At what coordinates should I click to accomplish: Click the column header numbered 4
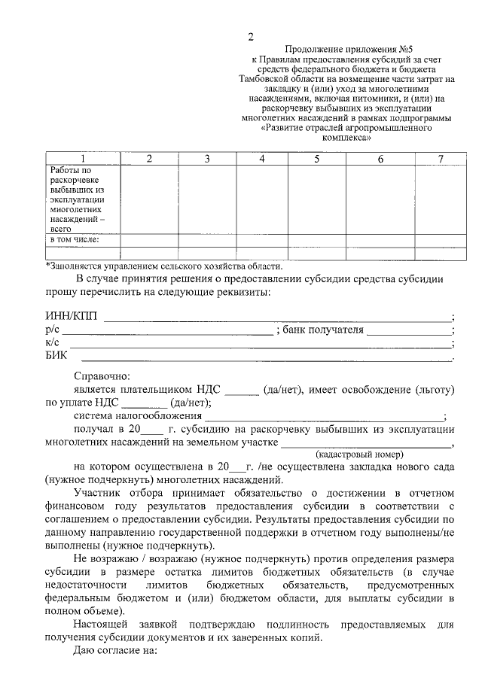[x=261, y=159]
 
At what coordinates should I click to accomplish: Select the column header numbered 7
[x=441, y=159]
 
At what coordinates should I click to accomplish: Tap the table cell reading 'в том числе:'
[x=75, y=240]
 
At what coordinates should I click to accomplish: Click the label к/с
[x=52, y=343]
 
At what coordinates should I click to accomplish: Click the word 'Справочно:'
[x=102, y=375]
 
